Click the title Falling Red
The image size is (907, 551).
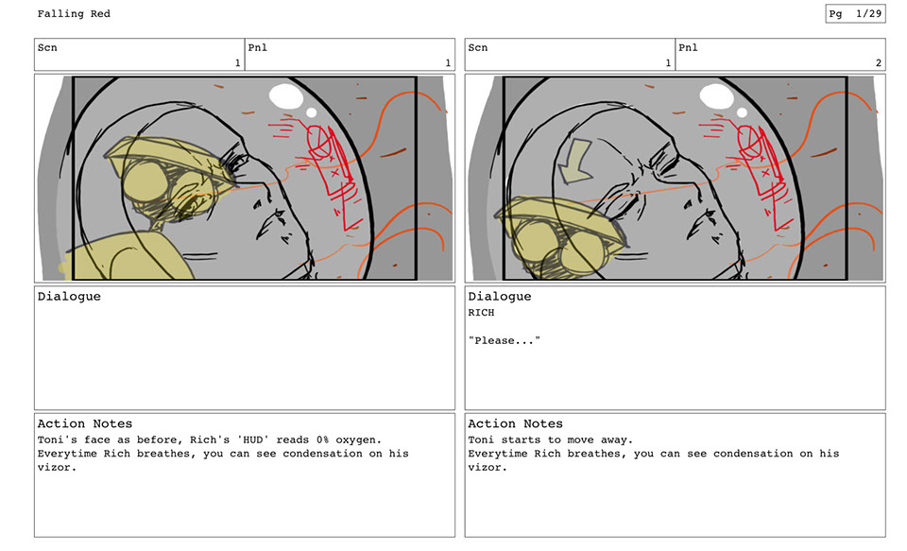(74, 14)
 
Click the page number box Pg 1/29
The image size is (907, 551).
(855, 14)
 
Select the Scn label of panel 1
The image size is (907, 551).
(47, 47)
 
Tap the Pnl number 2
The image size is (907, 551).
(878, 62)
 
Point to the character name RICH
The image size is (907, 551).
(481, 313)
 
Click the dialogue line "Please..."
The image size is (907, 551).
(505, 340)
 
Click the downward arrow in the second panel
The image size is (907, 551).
(575, 161)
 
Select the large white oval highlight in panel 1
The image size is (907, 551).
(286, 95)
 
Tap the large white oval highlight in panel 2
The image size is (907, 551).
(717, 95)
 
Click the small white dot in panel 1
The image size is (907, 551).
(311, 112)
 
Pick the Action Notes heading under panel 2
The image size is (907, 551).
(515, 423)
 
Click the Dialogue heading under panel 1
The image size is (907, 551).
(69, 297)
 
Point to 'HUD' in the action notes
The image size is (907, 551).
(253, 439)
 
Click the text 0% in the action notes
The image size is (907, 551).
(322, 439)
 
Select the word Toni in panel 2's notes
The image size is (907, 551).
(481, 439)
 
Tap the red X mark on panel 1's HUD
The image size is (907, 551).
(334, 172)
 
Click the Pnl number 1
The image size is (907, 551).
(448, 62)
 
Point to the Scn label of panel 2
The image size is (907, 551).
(478, 47)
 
